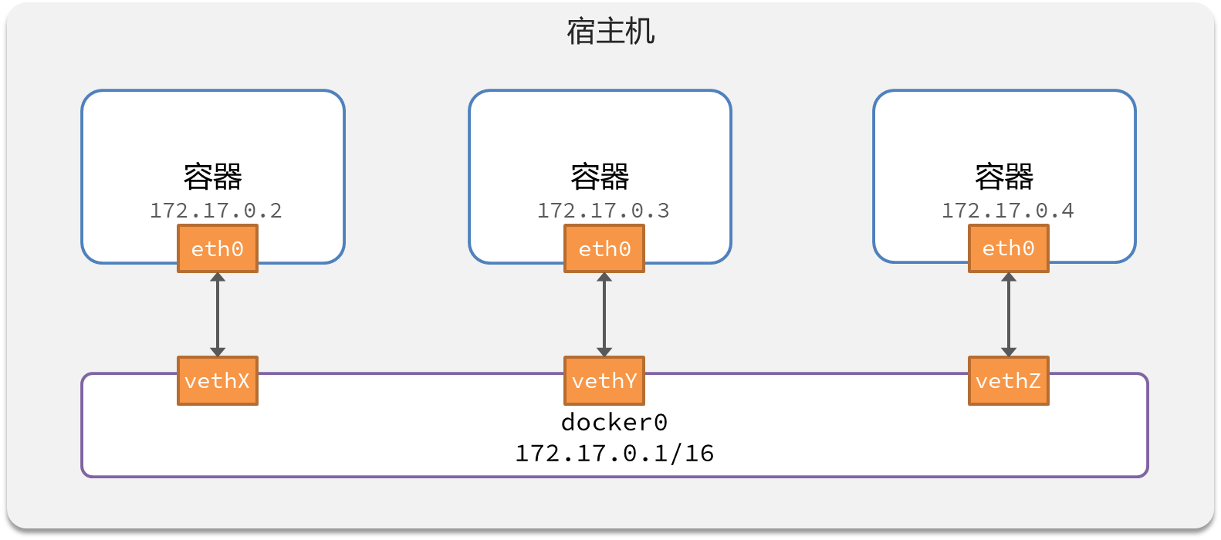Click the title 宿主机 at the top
click(610, 32)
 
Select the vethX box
click(218, 380)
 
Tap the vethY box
click(604, 380)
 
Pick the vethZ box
click(1008, 380)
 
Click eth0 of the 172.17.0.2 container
click(218, 248)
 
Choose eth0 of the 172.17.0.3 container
click(604, 248)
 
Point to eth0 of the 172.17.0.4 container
click(1008, 248)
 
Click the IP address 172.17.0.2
click(216, 211)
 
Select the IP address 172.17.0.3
click(604, 211)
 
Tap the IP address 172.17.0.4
click(1008, 211)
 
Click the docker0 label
click(614, 422)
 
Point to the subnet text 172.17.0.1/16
click(614, 453)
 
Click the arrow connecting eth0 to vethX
click(218, 314)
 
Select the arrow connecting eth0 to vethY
click(604, 314)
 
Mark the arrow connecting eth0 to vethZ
click(1008, 314)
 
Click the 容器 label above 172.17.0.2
click(213, 177)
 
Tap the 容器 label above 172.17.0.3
click(600, 177)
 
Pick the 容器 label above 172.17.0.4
click(1004, 177)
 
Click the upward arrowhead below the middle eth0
click(604, 277)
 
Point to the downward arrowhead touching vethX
click(218, 352)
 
